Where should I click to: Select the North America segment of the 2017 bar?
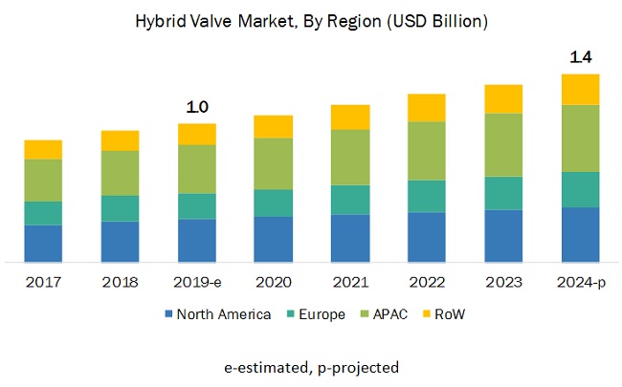tap(43, 243)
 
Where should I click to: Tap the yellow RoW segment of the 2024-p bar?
tap(580, 89)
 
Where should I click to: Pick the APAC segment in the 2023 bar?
tap(503, 144)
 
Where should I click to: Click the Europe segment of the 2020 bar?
tap(273, 203)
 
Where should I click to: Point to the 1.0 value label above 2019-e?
tap(197, 107)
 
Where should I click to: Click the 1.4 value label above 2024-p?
tap(580, 58)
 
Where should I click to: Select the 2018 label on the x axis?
tap(120, 282)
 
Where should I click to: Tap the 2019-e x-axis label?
tap(197, 282)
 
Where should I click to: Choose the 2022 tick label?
tap(427, 282)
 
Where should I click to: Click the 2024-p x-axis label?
tap(580, 282)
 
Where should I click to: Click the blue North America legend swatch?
tap(169, 314)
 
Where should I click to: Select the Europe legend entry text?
tap(322, 314)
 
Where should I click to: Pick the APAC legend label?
tap(390, 314)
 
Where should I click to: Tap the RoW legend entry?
tap(451, 314)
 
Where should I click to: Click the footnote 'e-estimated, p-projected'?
tap(310, 366)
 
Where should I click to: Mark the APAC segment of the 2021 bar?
tap(349, 157)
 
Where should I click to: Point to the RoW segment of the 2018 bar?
tap(120, 140)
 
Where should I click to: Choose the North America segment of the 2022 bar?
tap(427, 236)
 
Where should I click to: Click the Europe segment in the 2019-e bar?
tap(197, 206)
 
